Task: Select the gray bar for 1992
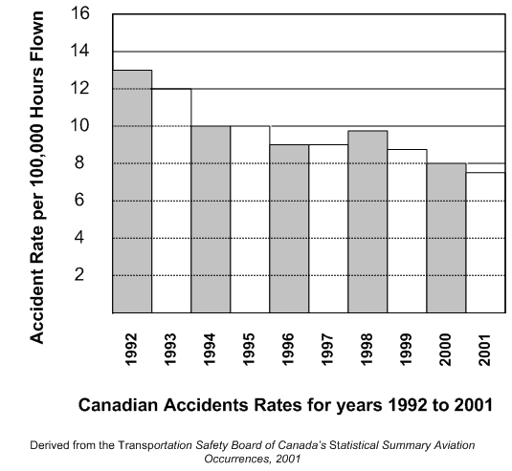coord(132,191)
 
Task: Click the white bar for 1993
coord(171,201)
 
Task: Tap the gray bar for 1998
coord(367,222)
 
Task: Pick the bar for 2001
coord(485,243)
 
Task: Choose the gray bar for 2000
coord(446,238)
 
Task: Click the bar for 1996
coord(289,229)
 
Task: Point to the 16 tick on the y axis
coord(79,13)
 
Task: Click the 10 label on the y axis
coord(79,125)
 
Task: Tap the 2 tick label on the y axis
coord(79,274)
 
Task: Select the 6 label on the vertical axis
coord(79,200)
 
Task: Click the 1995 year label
coord(249,350)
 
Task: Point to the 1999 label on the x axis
coord(406,350)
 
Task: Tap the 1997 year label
coord(327,350)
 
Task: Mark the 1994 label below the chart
coord(210,350)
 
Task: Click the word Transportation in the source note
coord(155,445)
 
